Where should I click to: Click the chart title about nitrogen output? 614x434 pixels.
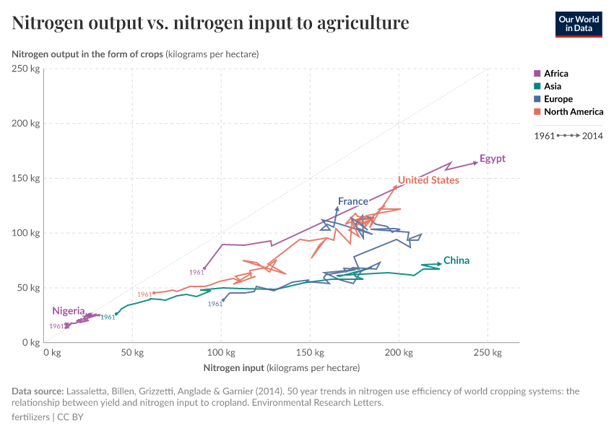(210, 23)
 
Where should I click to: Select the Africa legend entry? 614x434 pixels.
(555, 73)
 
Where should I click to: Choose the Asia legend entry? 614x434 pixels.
(553, 86)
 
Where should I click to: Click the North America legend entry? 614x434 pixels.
(573, 111)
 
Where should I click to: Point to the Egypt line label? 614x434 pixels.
(492, 159)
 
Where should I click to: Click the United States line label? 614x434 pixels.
(428, 180)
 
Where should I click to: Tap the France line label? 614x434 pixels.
(353, 201)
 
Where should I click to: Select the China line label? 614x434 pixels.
(456, 260)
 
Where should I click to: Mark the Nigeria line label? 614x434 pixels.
(68, 311)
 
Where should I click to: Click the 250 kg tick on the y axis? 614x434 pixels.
(25, 69)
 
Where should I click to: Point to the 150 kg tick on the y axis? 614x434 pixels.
(25, 178)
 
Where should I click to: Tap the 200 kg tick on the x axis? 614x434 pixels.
(398, 352)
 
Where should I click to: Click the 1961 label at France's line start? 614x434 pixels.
(215, 304)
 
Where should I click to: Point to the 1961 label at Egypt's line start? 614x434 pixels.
(196, 273)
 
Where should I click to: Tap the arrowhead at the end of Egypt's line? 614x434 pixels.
(475, 163)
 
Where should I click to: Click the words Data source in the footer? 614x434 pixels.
(36, 391)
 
